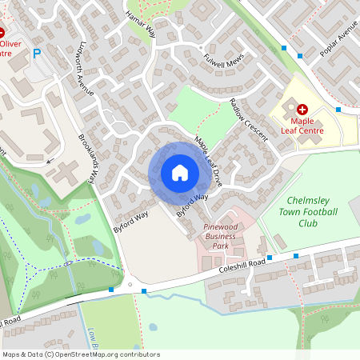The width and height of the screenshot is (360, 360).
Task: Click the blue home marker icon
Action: pyautogui.click(x=180, y=173)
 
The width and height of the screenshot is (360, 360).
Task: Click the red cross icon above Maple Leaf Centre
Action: pyautogui.click(x=302, y=109)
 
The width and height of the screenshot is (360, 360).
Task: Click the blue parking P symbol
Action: pyautogui.click(x=35, y=54)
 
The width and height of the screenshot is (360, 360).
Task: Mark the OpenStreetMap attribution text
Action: pyautogui.click(x=80, y=354)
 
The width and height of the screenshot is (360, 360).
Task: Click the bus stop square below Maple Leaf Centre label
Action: pyautogui.click(x=338, y=109)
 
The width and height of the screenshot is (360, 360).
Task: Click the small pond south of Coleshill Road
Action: pyautogui.click(x=152, y=326)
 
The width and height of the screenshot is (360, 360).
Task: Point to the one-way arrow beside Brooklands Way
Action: pyautogui.click(x=51, y=161)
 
